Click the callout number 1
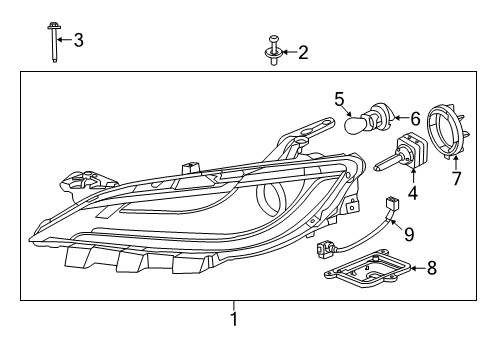coord(234,320)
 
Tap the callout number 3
coord(78,40)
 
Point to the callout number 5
coord(339,98)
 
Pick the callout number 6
coord(414,118)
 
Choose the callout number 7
coord(456,180)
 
